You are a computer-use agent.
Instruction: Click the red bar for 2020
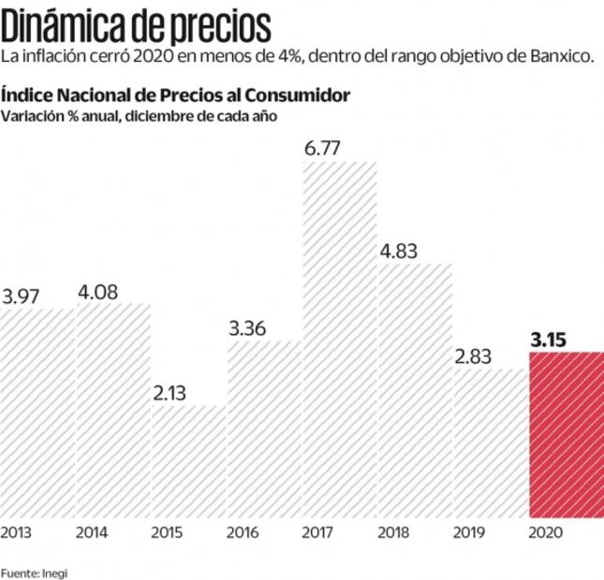(567, 434)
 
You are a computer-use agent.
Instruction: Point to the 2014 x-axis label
(94, 533)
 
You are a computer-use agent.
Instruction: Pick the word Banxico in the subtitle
(562, 58)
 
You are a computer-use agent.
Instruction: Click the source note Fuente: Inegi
(35, 571)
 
